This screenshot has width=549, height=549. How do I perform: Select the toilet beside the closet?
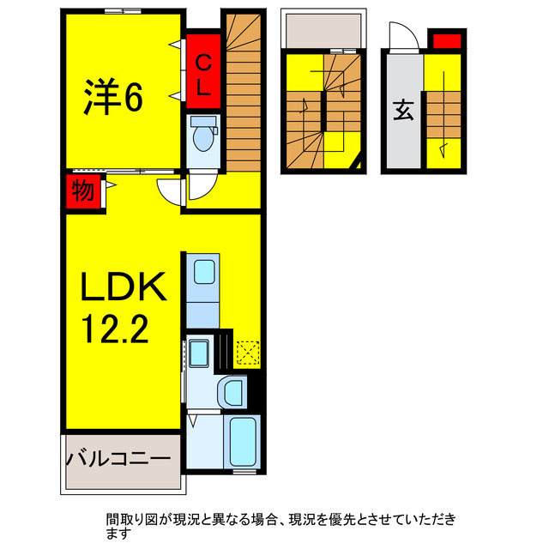[x=204, y=136]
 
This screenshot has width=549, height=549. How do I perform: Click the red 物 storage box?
[x=82, y=191]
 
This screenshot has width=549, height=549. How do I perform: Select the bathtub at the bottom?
[x=244, y=440]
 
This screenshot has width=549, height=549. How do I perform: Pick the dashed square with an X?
[x=247, y=353]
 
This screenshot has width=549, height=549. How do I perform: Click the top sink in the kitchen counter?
[x=205, y=273]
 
